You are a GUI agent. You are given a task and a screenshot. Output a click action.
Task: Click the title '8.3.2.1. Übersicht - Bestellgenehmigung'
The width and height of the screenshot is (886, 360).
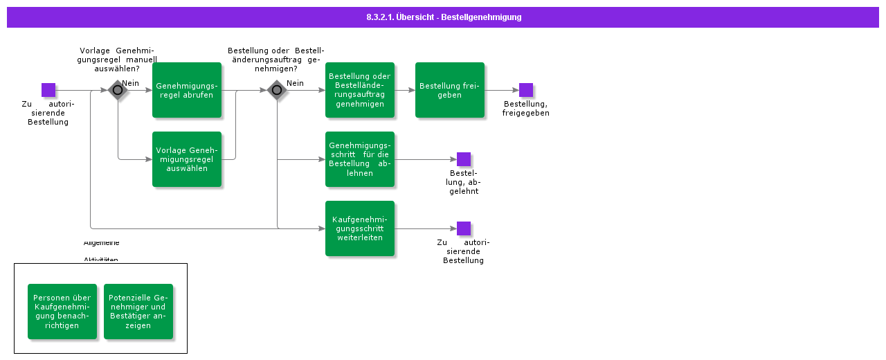pos(444,17)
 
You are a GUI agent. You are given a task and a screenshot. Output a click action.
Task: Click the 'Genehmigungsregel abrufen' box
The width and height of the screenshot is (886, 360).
pos(187,90)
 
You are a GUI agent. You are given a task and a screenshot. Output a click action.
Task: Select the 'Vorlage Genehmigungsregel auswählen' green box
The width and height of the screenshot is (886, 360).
pos(187,159)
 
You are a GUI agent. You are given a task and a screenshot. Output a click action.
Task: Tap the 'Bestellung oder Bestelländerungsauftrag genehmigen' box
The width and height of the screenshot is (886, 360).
pos(360,90)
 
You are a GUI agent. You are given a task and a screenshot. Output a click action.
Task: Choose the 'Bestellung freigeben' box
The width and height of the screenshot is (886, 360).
pos(450,90)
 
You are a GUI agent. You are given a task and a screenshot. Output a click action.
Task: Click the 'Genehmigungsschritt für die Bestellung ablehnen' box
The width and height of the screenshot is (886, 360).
pos(360,159)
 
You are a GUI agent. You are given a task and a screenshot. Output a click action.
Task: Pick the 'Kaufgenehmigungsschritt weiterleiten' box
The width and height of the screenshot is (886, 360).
pos(360,228)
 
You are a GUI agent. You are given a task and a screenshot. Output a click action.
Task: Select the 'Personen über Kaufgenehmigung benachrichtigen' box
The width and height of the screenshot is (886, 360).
pos(62,312)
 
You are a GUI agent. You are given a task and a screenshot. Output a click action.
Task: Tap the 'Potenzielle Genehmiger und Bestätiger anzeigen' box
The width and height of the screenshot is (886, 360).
pos(138,312)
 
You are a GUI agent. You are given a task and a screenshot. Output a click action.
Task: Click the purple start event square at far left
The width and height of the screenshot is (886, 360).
pos(48,90)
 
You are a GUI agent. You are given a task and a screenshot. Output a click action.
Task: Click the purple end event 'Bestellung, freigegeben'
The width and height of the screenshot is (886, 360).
pos(526,90)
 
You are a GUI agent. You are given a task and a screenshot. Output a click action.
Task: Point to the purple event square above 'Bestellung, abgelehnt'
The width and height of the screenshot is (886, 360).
pos(464,159)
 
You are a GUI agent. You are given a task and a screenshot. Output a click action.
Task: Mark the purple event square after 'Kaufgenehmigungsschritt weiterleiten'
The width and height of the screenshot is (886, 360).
pos(464,228)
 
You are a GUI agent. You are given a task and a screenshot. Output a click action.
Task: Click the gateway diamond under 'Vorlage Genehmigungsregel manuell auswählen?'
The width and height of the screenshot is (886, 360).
pos(118,90)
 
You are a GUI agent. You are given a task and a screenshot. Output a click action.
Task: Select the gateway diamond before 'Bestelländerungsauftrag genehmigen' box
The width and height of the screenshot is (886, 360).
pos(277,90)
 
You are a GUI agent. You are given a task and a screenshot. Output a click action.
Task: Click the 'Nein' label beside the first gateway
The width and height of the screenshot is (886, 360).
pos(131,83)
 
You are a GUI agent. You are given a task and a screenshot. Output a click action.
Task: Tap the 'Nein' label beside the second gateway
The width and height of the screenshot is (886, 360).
pos(296,83)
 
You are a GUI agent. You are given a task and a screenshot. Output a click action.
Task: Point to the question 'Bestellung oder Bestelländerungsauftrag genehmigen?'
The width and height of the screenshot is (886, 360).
pos(276,60)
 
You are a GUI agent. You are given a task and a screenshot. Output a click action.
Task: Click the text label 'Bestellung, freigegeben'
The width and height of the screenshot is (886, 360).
pos(526,109)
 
